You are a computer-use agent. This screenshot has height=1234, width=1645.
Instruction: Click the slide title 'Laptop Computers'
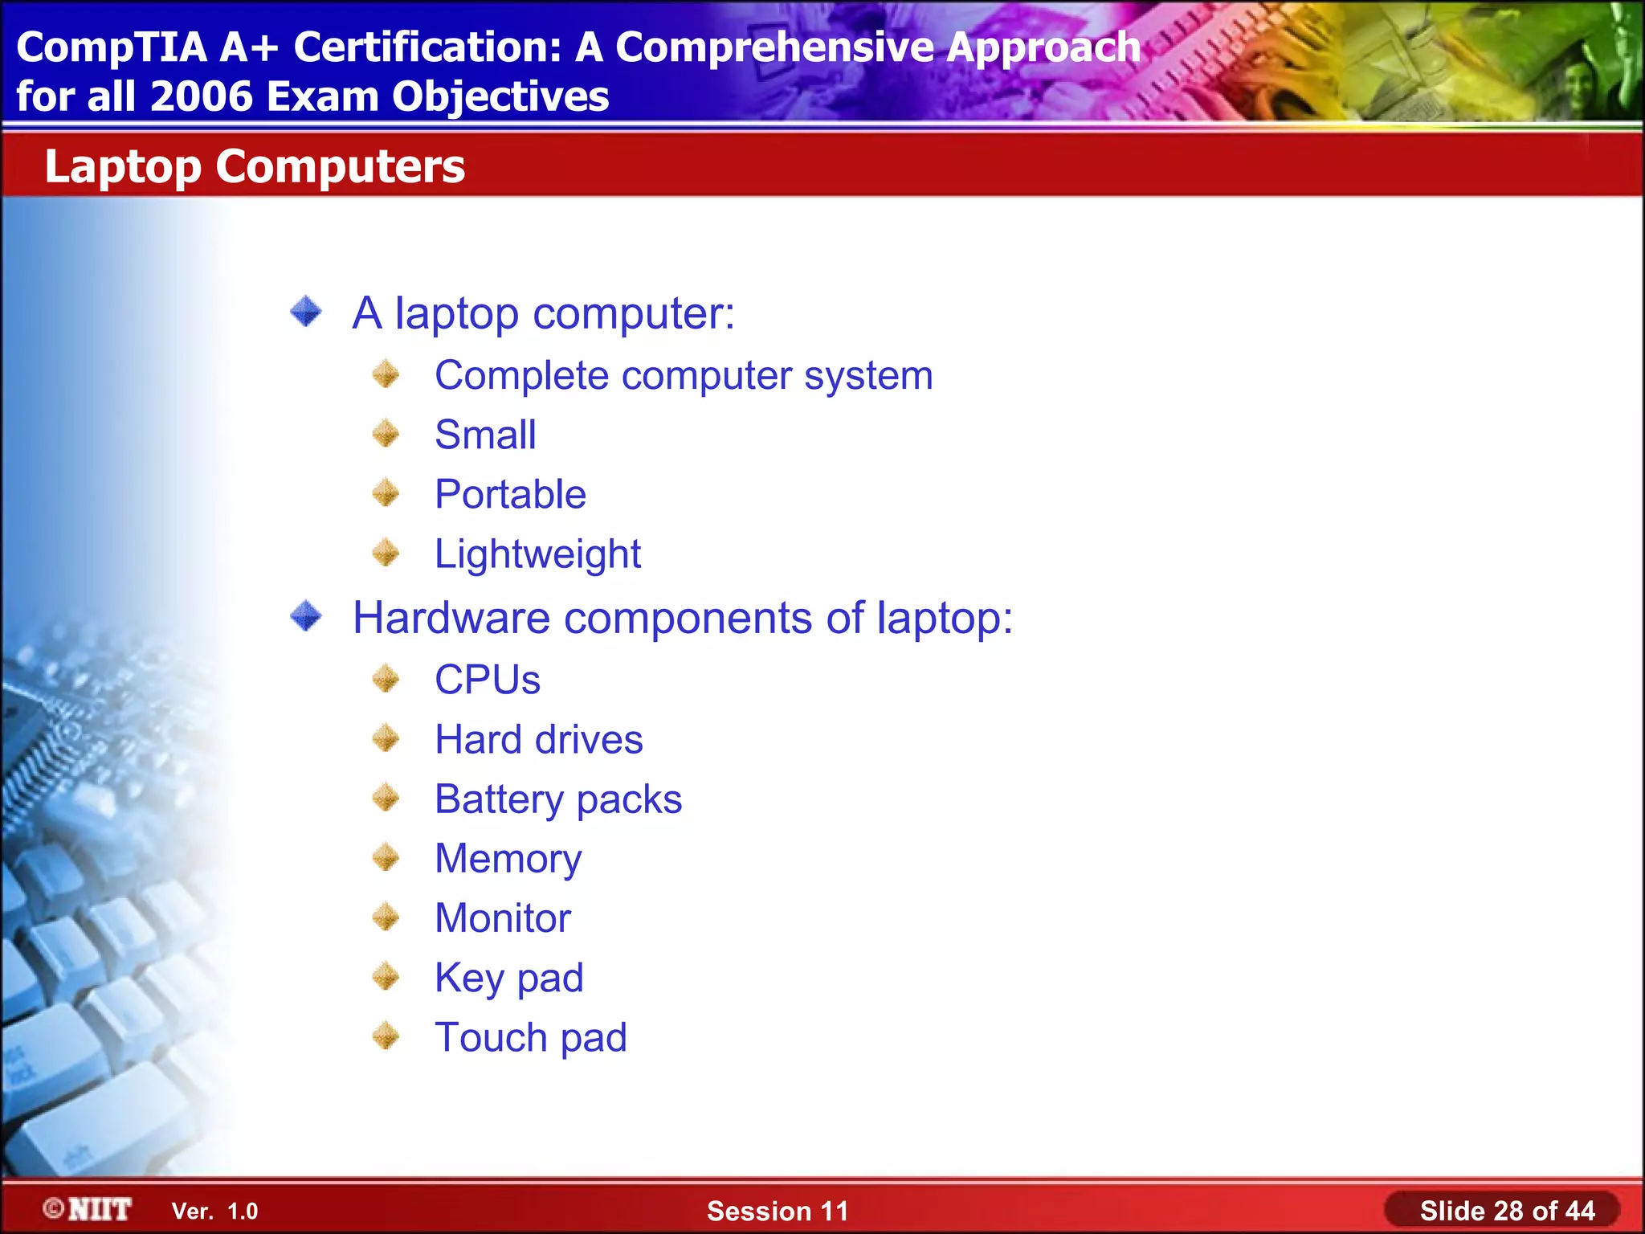[x=255, y=166]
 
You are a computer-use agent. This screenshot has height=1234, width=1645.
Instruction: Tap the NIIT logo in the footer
[x=88, y=1209]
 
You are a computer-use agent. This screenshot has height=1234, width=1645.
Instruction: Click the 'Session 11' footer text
[x=777, y=1211]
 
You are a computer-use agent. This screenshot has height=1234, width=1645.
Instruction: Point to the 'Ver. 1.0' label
[x=214, y=1211]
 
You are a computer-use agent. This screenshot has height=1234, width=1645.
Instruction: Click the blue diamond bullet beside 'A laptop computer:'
[x=306, y=312]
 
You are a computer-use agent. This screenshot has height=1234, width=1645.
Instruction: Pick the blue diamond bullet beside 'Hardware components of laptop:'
[x=306, y=616]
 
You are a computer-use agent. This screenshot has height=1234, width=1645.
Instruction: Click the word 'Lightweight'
[x=537, y=554]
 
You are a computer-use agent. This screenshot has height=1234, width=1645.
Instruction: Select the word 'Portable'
[x=510, y=494]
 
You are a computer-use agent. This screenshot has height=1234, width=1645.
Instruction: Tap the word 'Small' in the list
[x=485, y=435]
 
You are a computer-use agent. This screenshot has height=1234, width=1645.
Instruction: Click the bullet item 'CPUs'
[x=488, y=680]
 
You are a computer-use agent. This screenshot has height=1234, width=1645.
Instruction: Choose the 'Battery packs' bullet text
[x=558, y=799]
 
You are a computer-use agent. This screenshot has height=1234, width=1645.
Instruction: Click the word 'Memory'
[x=508, y=859]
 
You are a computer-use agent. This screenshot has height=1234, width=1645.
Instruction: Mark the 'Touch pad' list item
[x=531, y=1037]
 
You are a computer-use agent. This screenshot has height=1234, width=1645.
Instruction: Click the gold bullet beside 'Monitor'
[x=386, y=917]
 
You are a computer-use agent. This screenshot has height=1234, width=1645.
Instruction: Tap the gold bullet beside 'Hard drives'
[x=386, y=738]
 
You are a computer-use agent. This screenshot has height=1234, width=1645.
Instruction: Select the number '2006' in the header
[x=201, y=96]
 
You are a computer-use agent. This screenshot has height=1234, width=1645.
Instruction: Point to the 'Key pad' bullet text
[x=508, y=978]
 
